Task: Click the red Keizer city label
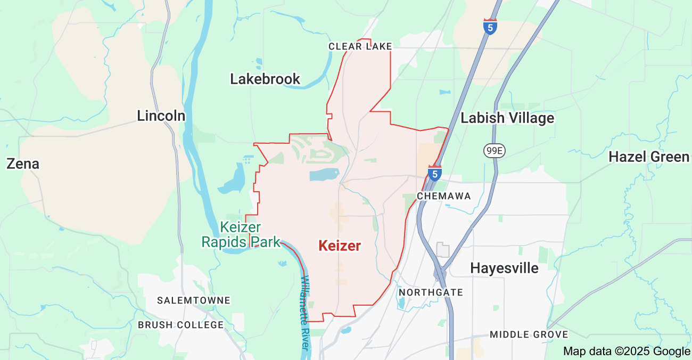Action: [340, 246]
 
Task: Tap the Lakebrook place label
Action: [265, 79]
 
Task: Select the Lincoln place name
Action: [161, 116]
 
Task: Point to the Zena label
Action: [23, 163]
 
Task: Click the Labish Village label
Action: [507, 118]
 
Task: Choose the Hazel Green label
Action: [648, 157]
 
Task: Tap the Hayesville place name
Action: [504, 268]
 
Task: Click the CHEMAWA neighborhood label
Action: [444, 196]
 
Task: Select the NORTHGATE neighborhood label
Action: [431, 292]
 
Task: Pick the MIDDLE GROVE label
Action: [529, 334]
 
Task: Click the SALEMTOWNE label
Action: [194, 300]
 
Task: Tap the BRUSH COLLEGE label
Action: [181, 324]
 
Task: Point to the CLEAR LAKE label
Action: [360, 47]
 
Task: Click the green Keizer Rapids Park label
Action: [241, 235]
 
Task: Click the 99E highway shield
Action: [494, 151]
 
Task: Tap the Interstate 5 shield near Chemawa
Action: [435, 173]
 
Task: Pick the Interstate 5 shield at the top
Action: [490, 27]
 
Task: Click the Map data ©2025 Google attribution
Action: [627, 351]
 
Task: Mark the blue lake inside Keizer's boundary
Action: [324, 175]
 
